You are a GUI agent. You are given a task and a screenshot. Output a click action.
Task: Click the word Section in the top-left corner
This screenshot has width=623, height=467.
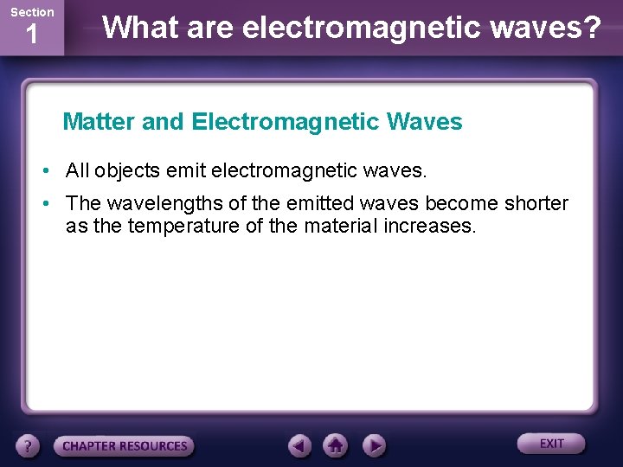(x=32, y=12)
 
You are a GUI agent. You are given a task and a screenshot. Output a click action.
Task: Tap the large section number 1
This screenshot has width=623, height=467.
(x=31, y=35)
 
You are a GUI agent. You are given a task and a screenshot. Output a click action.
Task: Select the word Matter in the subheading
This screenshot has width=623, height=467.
(x=100, y=122)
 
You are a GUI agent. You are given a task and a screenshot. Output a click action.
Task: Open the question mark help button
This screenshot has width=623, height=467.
(x=29, y=445)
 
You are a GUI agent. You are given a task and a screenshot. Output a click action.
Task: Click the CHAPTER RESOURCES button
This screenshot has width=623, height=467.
(x=125, y=446)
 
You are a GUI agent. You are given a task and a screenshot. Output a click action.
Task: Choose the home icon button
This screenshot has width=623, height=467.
(x=336, y=445)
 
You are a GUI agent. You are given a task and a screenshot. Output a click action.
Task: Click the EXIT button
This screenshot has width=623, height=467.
(x=551, y=444)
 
